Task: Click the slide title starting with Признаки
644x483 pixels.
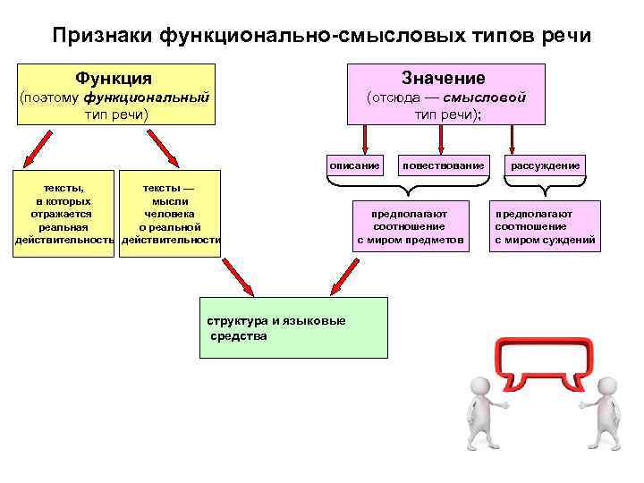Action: (x=321, y=36)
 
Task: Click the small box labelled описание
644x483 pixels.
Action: (x=354, y=165)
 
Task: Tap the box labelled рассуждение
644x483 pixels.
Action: (x=546, y=165)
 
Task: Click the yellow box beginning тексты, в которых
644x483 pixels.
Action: (x=64, y=215)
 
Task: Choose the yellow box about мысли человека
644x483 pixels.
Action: (x=170, y=215)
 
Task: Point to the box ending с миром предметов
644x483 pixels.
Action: (x=410, y=227)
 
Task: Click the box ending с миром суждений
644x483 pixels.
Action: (x=546, y=227)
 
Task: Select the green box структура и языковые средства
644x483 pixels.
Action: (x=293, y=328)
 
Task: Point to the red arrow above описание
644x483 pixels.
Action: (x=364, y=139)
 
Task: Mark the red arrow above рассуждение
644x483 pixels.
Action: (x=511, y=139)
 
